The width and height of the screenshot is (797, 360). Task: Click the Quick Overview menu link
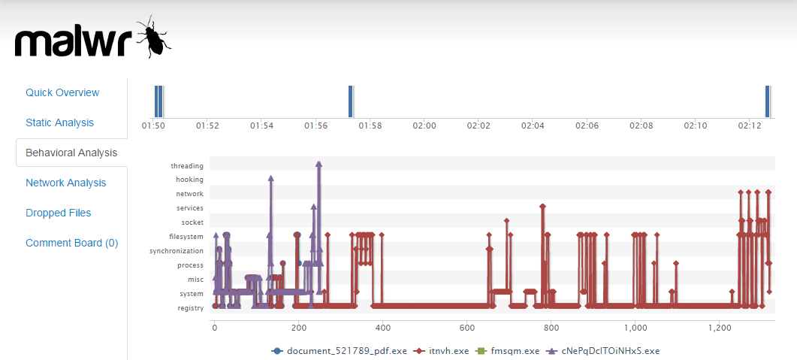pyautogui.click(x=62, y=93)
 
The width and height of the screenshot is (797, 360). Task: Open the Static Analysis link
pyautogui.click(x=60, y=123)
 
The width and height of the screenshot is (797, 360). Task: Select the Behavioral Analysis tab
pyautogui.click(x=71, y=153)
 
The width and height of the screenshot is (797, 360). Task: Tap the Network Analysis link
pyautogui.click(x=66, y=183)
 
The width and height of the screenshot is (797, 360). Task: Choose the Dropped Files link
pyautogui.click(x=59, y=213)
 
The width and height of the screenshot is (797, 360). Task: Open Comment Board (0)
pyautogui.click(x=71, y=243)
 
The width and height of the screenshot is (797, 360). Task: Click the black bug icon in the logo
pyautogui.click(x=153, y=37)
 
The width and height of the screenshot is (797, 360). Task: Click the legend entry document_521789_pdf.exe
pyautogui.click(x=340, y=351)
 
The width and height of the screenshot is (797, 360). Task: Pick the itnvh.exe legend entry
pyautogui.click(x=441, y=351)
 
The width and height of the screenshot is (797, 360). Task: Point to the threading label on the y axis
pyautogui.click(x=187, y=166)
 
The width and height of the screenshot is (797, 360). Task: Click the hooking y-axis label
pyautogui.click(x=189, y=180)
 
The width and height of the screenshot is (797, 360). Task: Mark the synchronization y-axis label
pyautogui.click(x=177, y=251)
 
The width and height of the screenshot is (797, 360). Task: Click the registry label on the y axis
pyautogui.click(x=191, y=308)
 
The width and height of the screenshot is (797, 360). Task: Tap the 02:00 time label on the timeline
pyautogui.click(x=424, y=125)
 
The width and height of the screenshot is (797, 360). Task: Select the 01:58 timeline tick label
pyautogui.click(x=370, y=125)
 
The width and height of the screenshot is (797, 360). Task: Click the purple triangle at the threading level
pyautogui.click(x=318, y=164)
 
